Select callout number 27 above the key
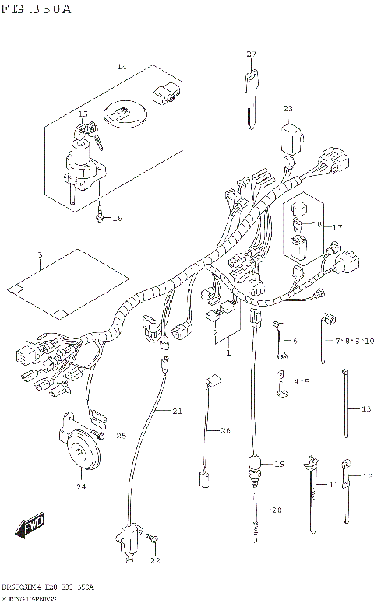(x=251, y=54)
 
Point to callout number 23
(x=288, y=108)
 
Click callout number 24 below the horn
(x=81, y=487)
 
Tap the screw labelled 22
(x=153, y=538)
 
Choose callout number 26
(x=225, y=430)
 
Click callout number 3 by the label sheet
(x=40, y=255)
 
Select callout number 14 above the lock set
(x=122, y=67)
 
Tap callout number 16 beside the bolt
(x=118, y=219)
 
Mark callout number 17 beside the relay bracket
(x=337, y=227)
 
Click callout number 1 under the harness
(x=228, y=352)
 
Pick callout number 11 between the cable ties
(x=333, y=485)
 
